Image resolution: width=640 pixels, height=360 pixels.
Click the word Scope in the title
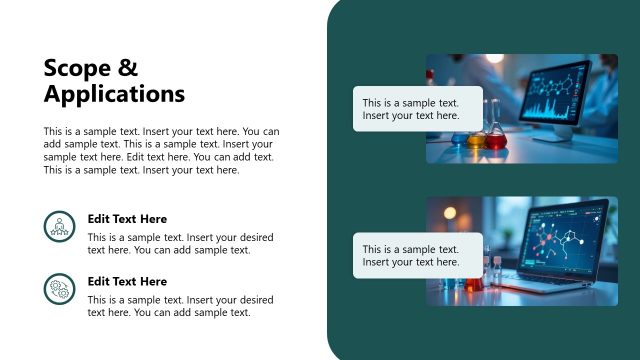(x=77, y=68)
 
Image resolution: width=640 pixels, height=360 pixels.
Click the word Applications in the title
(x=114, y=94)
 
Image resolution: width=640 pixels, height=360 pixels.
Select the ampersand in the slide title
(x=127, y=68)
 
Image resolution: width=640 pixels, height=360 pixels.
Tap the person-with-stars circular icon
(x=60, y=226)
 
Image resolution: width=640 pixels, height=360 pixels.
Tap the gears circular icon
(x=60, y=289)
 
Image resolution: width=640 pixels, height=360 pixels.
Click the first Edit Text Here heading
(x=127, y=219)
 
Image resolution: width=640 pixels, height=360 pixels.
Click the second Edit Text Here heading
(x=127, y=282)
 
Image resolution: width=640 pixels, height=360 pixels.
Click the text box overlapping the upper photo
(x=417, y=109)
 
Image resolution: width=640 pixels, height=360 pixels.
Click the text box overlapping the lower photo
(x=417, y=255)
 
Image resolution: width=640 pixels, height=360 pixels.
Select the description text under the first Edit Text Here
(x=180, y=244)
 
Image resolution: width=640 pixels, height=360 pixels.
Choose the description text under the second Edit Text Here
(x=180, y=306)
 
